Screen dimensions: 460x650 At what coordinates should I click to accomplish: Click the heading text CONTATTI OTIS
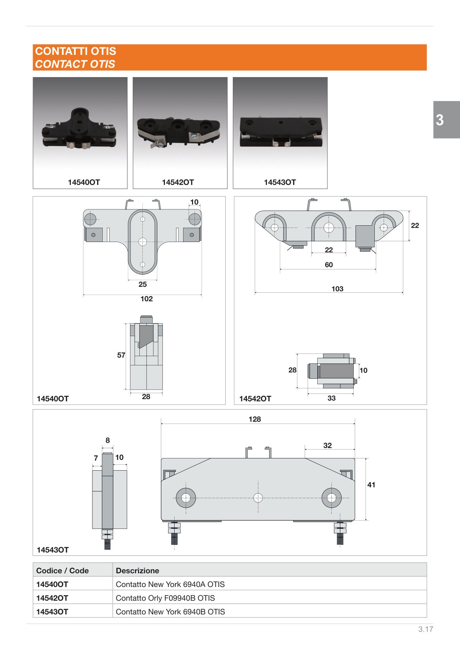(x=76, y=51)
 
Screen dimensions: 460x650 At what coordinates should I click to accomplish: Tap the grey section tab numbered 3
(x=446, y=120)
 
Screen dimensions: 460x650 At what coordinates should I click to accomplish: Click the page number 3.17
(x=426, y=629)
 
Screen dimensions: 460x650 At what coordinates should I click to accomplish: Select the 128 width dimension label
(x=255, y=419)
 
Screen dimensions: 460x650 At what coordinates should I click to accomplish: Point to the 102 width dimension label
(x=146, y=299)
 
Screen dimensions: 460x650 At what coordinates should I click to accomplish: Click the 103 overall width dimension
(x=337, y=289)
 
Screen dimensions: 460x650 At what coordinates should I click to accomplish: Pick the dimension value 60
(x=329, y=265)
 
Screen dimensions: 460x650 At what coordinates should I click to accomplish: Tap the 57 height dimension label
(x=121, y=355)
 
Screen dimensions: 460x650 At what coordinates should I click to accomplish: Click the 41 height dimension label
(x=371, y=485)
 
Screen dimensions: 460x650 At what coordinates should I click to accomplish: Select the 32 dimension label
(x=327, y=445)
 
